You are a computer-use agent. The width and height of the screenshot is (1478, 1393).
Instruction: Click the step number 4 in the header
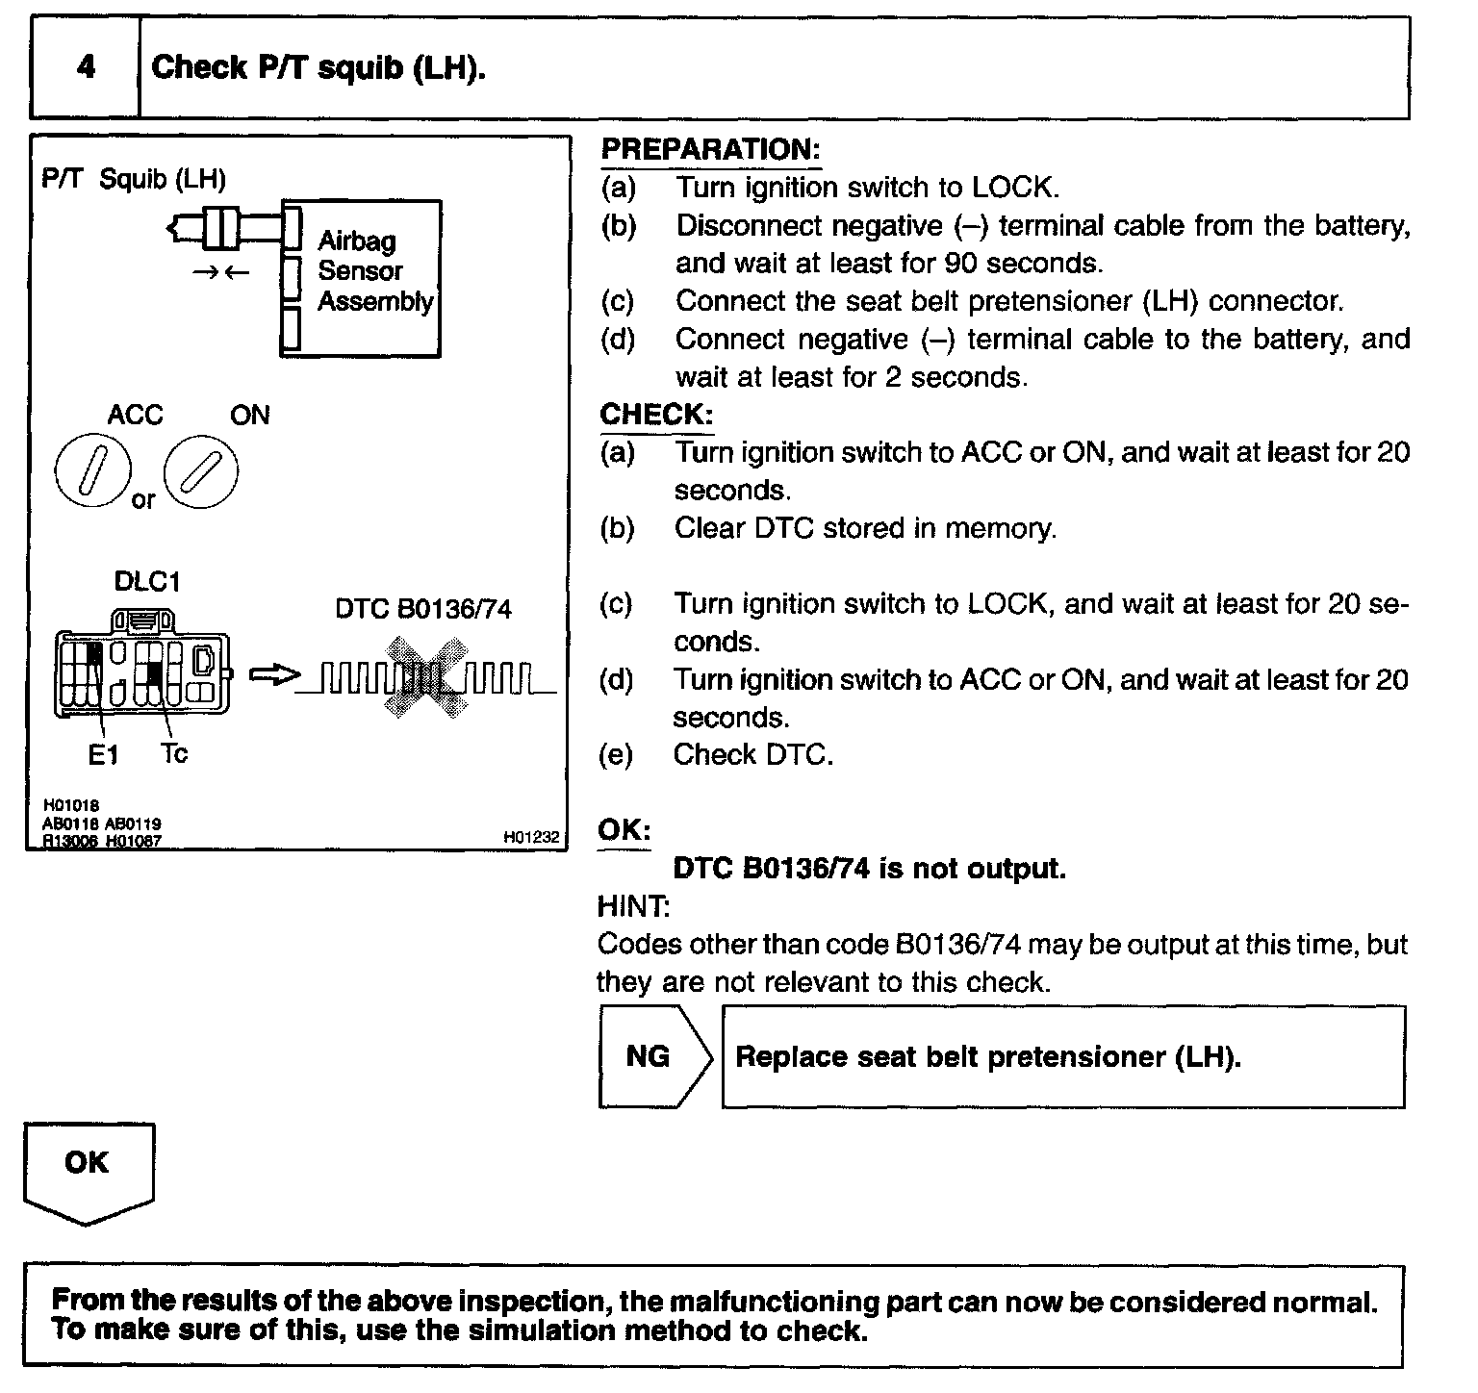[x=86, y=67]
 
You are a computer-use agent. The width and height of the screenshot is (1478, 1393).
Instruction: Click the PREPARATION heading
[x=709, y=149]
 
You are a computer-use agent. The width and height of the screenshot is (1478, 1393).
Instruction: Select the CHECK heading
[x=656, y=415]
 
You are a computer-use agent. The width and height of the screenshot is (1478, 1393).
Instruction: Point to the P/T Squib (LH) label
[x=134, y=179]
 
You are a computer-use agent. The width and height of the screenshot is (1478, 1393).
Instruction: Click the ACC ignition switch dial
[x=92, y=471]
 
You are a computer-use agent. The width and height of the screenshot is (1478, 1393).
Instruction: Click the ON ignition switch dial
[x=201, y=471]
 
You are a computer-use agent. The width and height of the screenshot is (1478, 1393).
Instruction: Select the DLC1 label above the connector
[x=146, y=582]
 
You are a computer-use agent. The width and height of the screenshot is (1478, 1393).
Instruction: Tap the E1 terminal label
[x=103, y=755]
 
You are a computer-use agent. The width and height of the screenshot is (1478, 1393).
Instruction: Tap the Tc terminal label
[x=174, y=753]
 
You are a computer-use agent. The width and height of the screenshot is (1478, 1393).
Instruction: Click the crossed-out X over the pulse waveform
[x=423, y=678]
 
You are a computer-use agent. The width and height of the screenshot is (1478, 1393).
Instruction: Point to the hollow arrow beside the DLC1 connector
[x=272, y=676]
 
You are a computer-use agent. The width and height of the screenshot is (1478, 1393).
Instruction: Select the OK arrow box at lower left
[x=88, y=1169]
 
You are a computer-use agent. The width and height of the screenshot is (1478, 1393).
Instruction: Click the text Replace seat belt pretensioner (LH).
[x=987, y=1056]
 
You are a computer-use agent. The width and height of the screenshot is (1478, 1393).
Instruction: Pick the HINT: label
[x=633, y=906]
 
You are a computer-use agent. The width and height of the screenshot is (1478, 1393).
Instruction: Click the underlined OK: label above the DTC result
[x=624, y=830]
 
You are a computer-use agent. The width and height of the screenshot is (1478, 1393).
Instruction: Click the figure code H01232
[x=531, y=838]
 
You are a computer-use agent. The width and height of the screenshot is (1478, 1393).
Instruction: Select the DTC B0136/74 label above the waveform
[x=423, y=609]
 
